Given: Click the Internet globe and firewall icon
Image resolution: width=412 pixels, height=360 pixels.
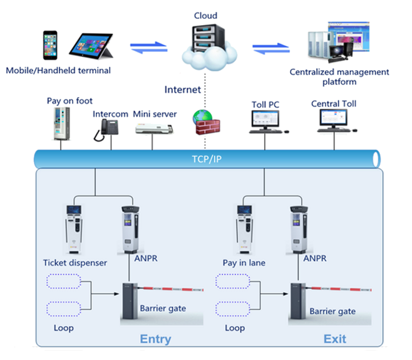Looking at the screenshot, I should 203,122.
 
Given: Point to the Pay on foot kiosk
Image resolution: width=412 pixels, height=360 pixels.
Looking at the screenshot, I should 61,124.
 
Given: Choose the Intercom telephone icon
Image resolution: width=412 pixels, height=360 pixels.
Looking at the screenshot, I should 106,130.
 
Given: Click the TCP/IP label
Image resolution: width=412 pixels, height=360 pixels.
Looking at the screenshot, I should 208,159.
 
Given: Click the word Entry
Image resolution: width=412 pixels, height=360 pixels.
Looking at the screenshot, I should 155,339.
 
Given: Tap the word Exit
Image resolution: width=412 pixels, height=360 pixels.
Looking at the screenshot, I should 334,339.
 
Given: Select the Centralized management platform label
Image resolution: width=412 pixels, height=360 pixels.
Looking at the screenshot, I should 339,77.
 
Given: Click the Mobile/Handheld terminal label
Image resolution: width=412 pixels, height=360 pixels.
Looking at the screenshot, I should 59,70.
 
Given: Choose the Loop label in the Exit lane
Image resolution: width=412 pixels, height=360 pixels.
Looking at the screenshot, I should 235,328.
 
